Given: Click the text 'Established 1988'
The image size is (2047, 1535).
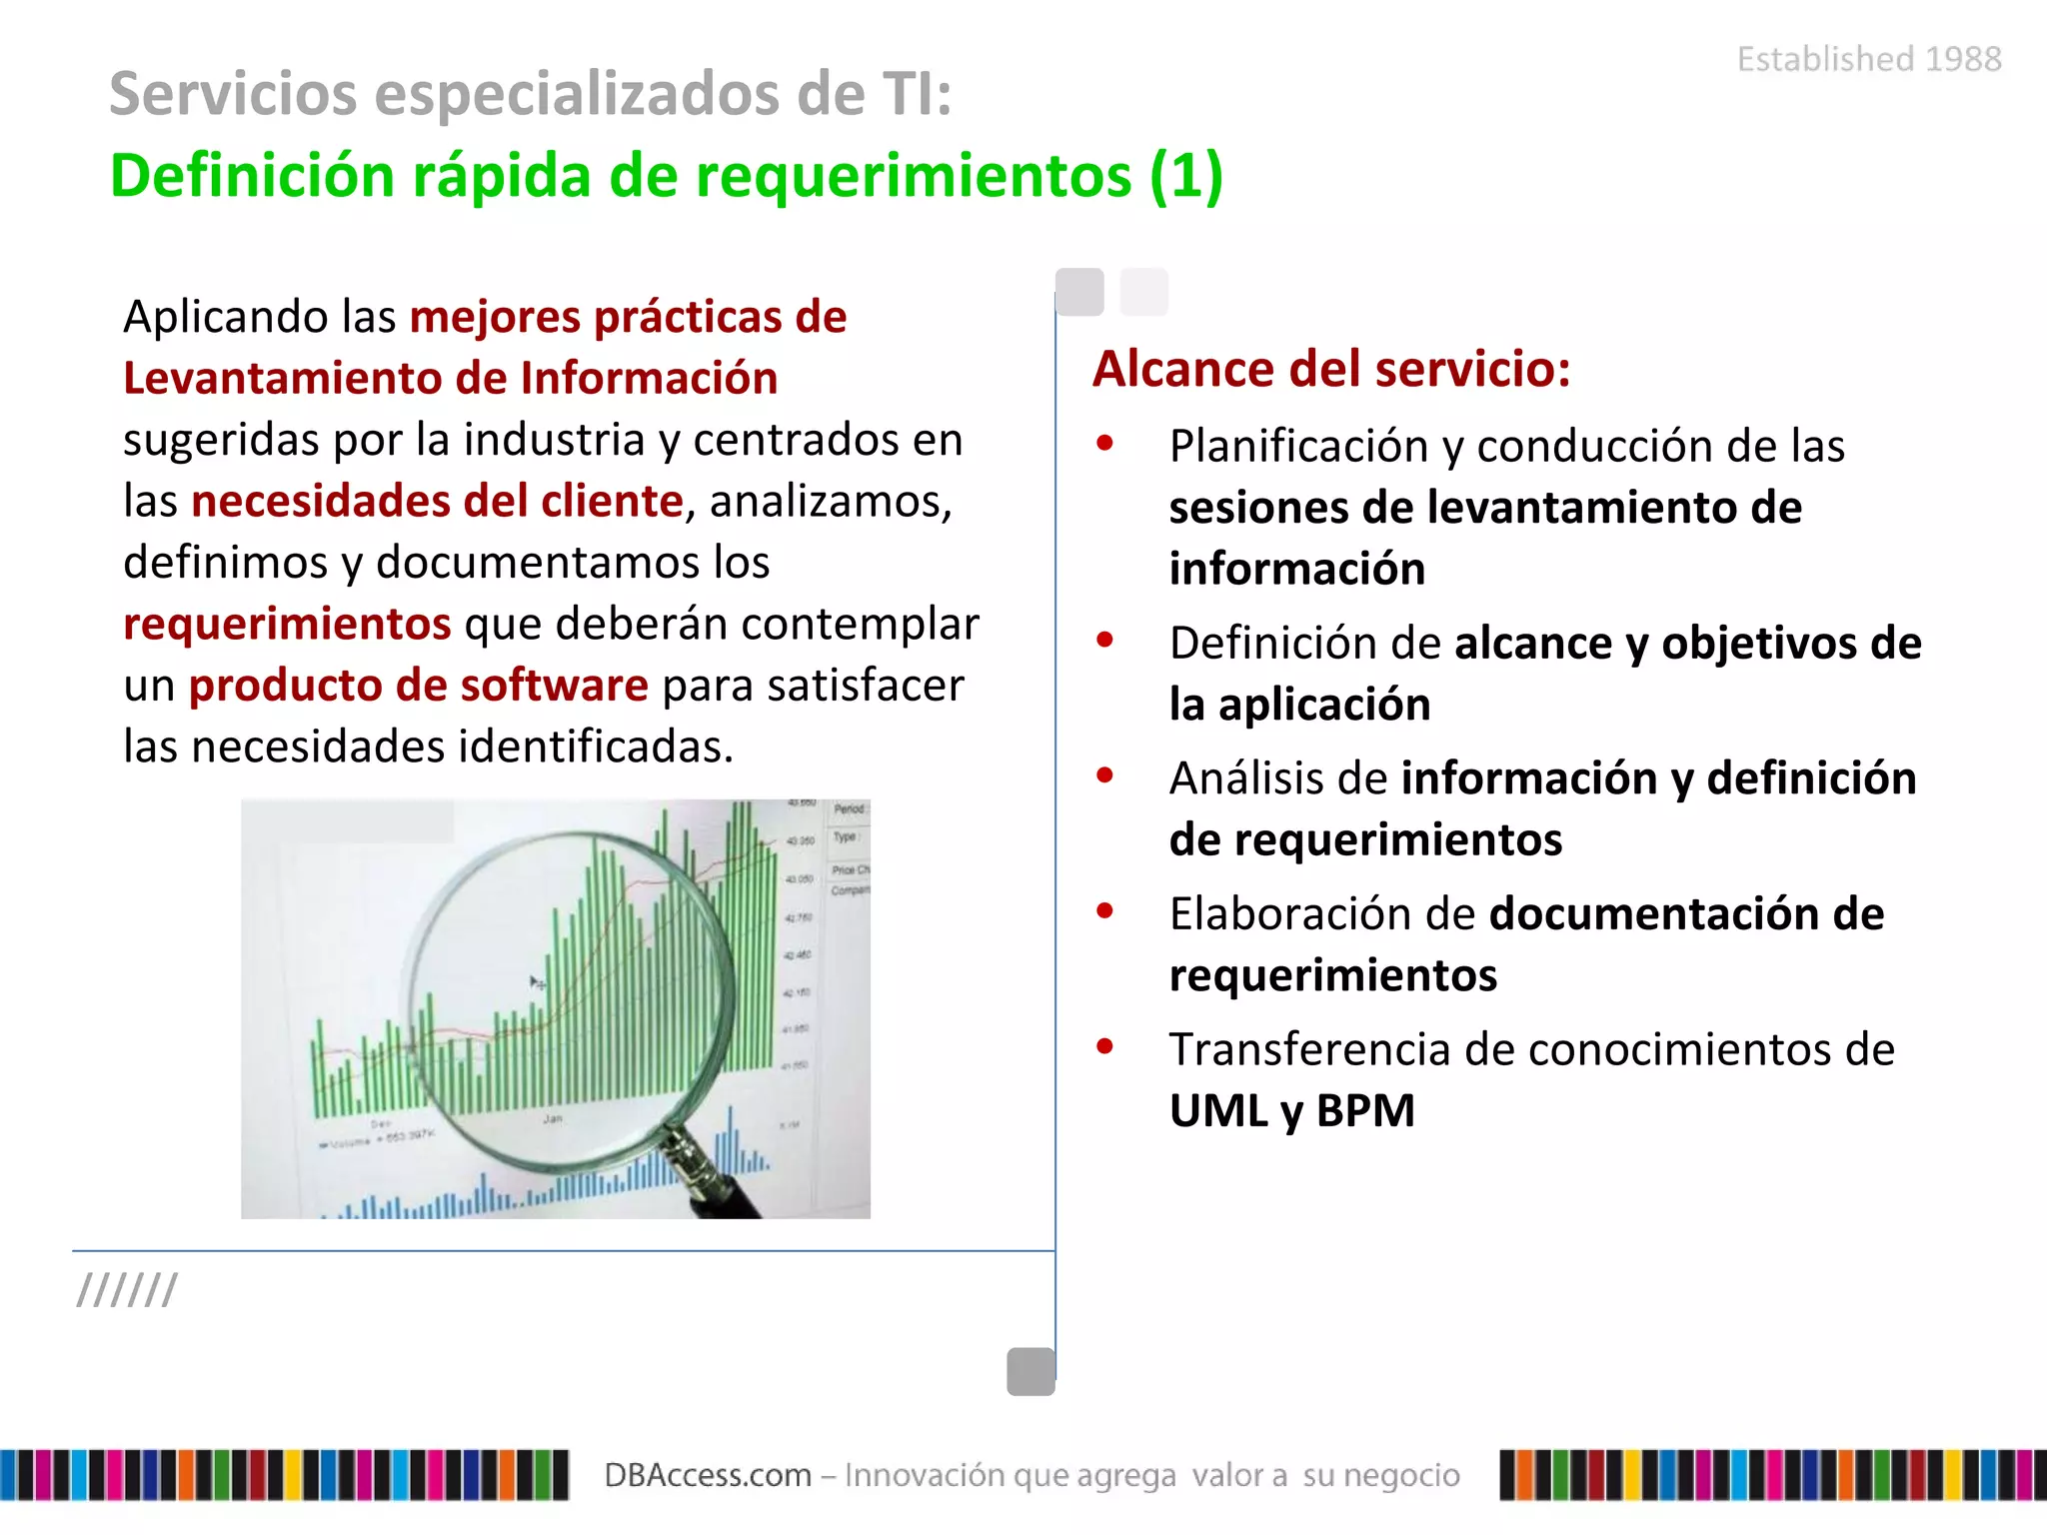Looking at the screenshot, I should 1868,59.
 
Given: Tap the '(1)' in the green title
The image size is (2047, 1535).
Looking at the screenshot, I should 1185,177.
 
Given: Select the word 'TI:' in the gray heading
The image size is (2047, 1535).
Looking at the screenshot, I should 916,94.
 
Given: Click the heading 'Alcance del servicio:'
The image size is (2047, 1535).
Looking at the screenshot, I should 1330,369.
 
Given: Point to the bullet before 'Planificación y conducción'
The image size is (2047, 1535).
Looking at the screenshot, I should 1104,444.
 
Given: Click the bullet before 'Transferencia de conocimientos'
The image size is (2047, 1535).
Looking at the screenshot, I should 1104,1047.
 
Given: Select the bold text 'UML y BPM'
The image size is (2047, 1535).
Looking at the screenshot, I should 1291,1111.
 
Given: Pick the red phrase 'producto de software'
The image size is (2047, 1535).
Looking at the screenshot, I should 418,686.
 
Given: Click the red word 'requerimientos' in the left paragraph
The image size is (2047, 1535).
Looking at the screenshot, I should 287,624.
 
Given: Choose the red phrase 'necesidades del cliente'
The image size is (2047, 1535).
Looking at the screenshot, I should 437,501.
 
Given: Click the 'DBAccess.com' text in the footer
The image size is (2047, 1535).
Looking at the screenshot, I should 707,1475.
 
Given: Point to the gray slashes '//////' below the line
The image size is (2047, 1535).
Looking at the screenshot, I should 127,1290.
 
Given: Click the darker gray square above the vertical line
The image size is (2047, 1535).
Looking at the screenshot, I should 1079,292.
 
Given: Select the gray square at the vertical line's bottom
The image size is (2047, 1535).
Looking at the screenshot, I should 1030,1371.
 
